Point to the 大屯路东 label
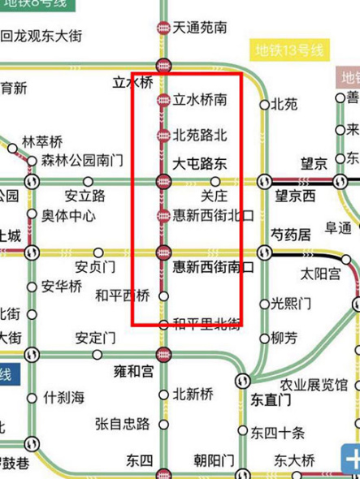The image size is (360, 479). (200, 164)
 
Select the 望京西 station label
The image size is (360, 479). (295, 196)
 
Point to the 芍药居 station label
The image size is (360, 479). (290, 235)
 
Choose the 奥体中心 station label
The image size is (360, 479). (69, 217)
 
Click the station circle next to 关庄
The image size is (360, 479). (215, 181)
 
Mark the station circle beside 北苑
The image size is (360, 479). (264, 105)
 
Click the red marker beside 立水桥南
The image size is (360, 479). (163, 101)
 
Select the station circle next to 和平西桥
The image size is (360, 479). (163, 296)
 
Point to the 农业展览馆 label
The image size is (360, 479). (314, 384)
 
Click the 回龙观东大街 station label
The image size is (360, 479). (41, 37)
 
